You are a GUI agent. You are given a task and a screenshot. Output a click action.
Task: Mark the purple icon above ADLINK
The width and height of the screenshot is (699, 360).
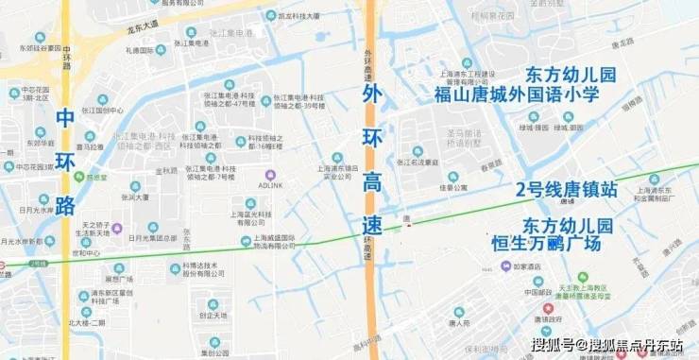coord(271,174)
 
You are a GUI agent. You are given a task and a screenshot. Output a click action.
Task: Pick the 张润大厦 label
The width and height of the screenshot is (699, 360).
coord(135,197)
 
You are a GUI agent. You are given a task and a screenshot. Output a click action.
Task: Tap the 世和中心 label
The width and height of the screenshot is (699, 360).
coord(86,254)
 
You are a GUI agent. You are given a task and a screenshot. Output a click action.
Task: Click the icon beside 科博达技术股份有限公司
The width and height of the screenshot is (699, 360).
coord(176,269)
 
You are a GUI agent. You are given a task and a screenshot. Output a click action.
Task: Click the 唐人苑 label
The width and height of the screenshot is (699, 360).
coord(459,324)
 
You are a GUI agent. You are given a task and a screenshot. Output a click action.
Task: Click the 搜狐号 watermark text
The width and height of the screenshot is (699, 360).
coord(554,345)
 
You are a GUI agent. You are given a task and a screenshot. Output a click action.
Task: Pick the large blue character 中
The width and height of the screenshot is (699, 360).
coord(64,119)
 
